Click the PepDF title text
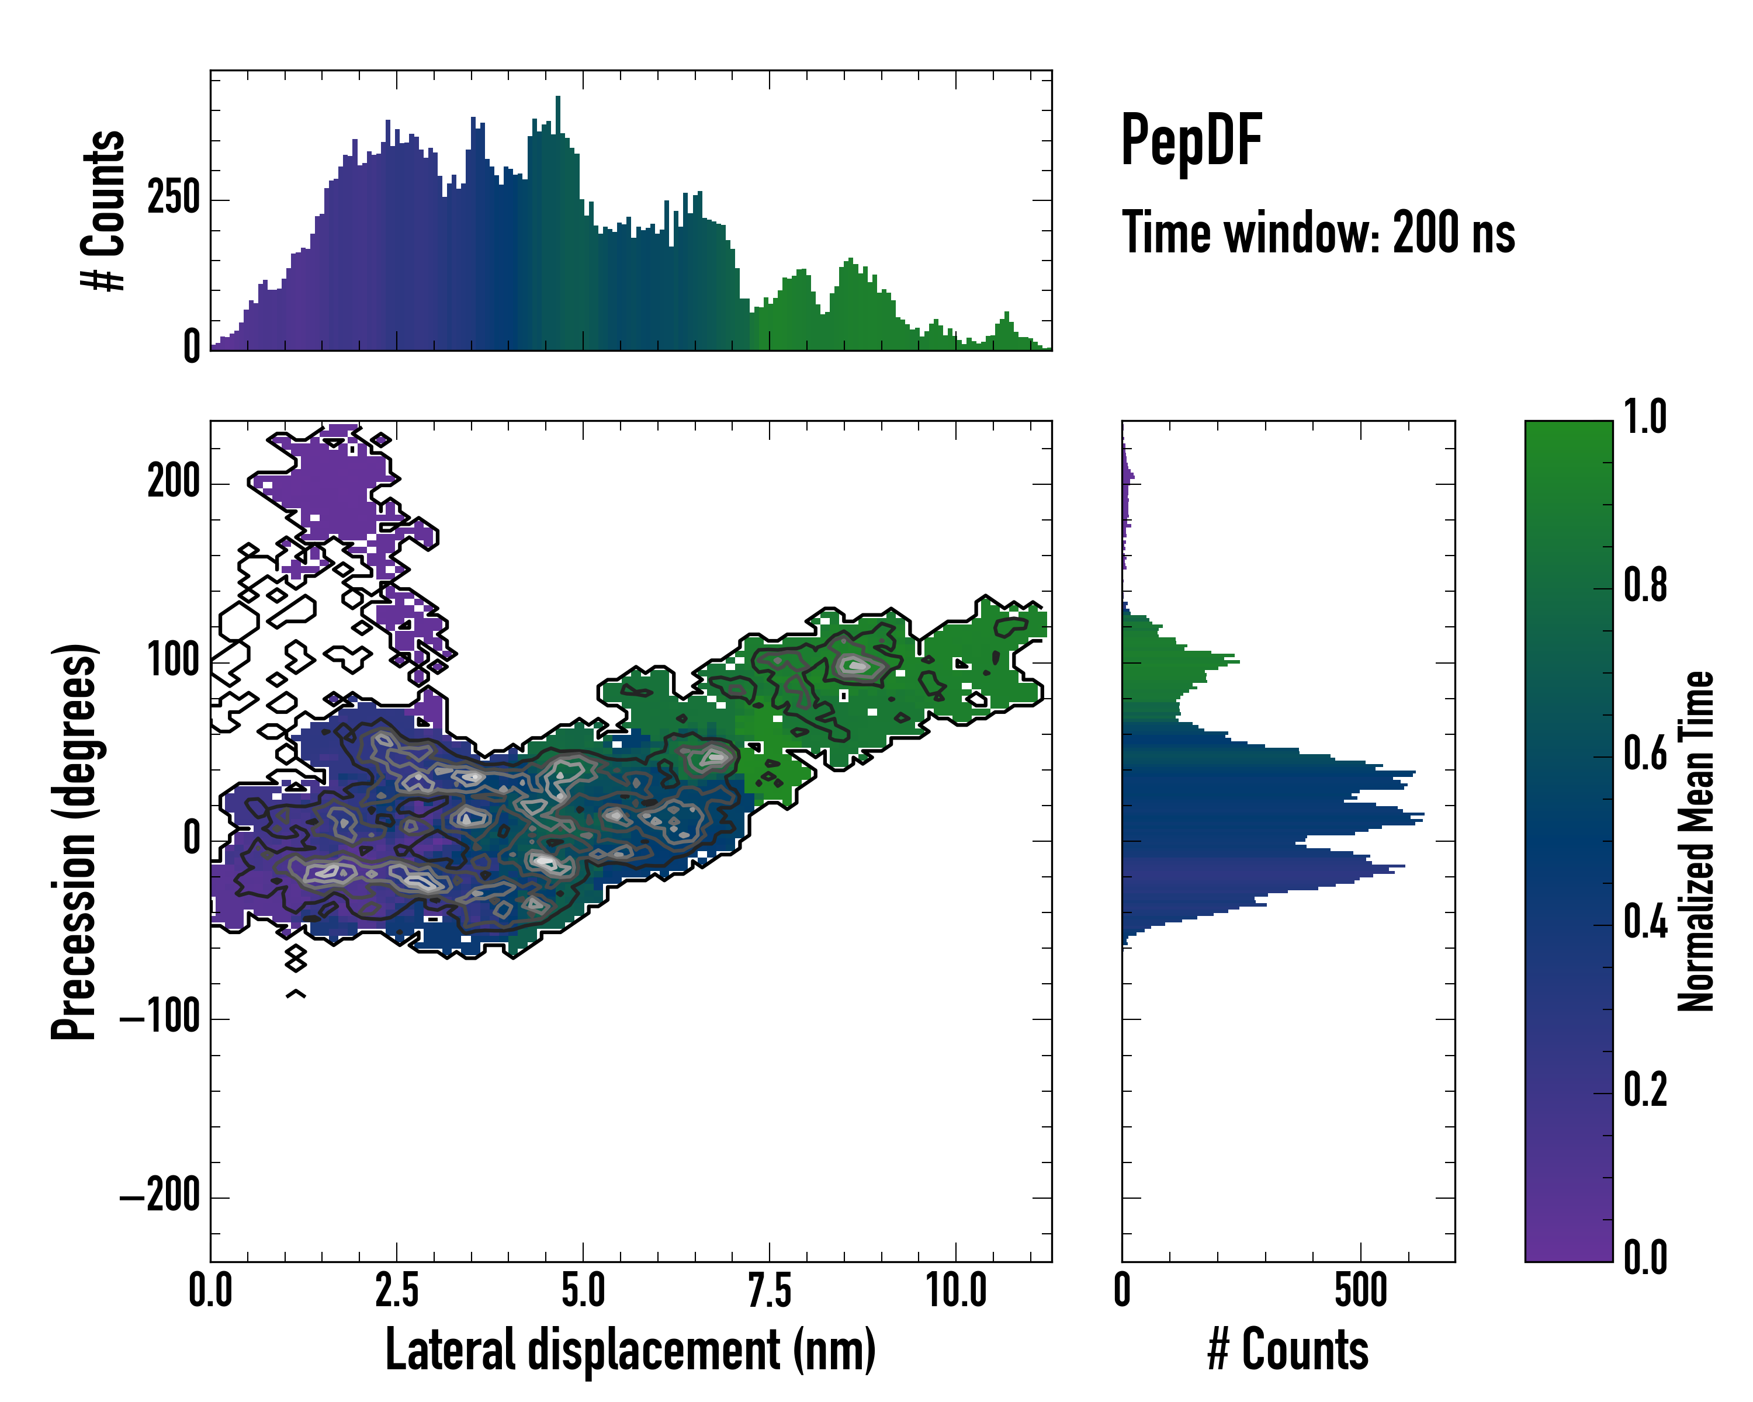(1191, 140)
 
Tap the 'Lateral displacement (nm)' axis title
(630, 1350)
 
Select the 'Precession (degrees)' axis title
(75, 841)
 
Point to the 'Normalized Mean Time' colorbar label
(1695, 841)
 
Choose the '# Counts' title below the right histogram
(1288, 1350)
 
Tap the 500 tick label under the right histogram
(1360, 1290)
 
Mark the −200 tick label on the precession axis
(160, 1196)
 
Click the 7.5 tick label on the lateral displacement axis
(769, 1290)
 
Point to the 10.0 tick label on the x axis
(956, 1290)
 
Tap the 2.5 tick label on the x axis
(397, 1290)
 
